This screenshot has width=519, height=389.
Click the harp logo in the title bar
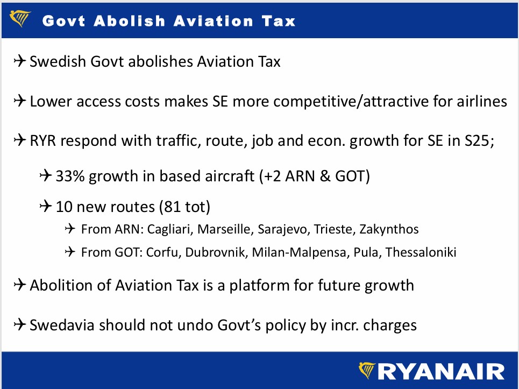20,18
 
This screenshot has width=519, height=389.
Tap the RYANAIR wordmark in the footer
441,371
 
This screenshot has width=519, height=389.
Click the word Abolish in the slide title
130,21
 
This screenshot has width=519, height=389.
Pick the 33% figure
70,176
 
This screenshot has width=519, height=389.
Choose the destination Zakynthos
389,229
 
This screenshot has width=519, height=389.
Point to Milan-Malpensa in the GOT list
299,252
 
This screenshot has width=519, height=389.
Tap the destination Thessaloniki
421,252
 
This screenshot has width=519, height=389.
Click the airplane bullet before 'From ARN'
70,229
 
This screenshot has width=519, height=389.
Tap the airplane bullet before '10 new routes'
46,206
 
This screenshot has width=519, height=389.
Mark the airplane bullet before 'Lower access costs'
20,101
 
